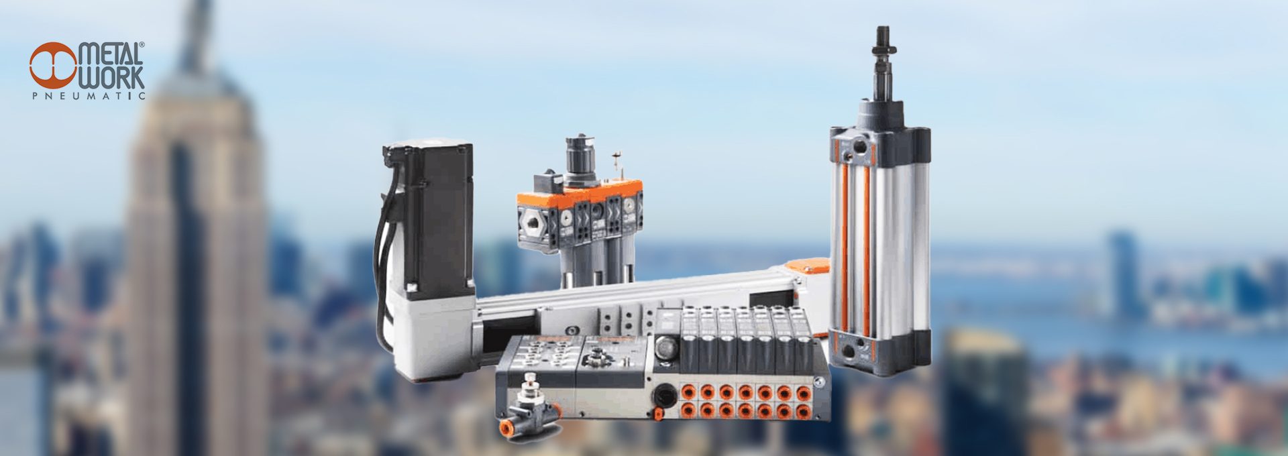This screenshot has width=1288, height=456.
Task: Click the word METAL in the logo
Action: pyautogui.click(x=110, y=54)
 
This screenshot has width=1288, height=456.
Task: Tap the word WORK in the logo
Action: pyautogui.click(x=111, y=78)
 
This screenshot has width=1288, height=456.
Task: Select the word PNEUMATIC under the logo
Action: pyautogui.click(x=89, y=96)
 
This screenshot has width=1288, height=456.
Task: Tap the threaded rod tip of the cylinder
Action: pyautogui.click(x=883, y=40)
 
